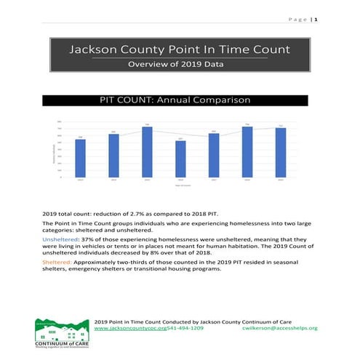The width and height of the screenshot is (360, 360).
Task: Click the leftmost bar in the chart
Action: pos(80,157)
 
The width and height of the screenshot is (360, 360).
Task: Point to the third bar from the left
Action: pos(147,151)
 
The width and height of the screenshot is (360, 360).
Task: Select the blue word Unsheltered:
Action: pos(63,238)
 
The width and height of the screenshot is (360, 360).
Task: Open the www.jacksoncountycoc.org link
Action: pos(135,328)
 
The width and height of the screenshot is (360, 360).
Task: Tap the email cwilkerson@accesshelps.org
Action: pos(279,328)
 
